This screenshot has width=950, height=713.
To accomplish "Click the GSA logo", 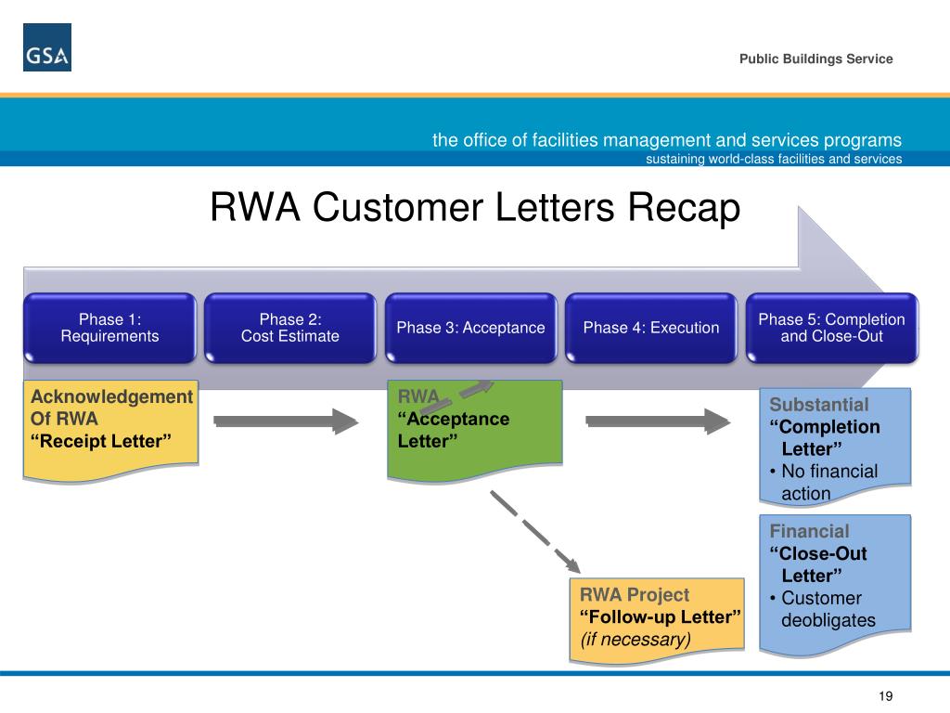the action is [47, 47].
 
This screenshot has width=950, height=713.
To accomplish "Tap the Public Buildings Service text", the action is [815, 58].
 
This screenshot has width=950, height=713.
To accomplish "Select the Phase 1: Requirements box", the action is [109, 328].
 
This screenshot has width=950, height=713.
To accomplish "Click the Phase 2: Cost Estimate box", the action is [290, 328].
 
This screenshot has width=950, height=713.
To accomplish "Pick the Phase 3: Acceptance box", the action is [470, 328].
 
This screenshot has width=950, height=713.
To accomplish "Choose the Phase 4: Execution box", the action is [651, 328].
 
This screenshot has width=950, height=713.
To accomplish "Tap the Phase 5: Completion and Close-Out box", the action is [832, 328].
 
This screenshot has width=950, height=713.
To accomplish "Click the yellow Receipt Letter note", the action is [111, 430].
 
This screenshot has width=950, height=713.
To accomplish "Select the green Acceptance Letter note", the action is [475, 430].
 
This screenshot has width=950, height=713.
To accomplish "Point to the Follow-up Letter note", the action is [657, 619].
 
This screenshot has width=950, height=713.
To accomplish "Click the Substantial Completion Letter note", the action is [836, 446].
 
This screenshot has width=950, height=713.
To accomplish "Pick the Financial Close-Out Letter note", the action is [836, 585].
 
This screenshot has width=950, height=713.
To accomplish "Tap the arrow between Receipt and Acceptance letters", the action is [286, 421].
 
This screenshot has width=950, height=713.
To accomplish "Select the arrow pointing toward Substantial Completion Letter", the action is [658, 421].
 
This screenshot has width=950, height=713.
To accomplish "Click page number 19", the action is [885, 696].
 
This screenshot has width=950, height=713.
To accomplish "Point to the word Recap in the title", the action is [684, 208].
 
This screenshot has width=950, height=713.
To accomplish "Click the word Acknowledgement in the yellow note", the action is [111, 397].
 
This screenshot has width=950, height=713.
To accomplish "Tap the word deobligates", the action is [828, 620].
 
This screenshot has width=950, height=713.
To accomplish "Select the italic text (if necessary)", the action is [635, 640].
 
